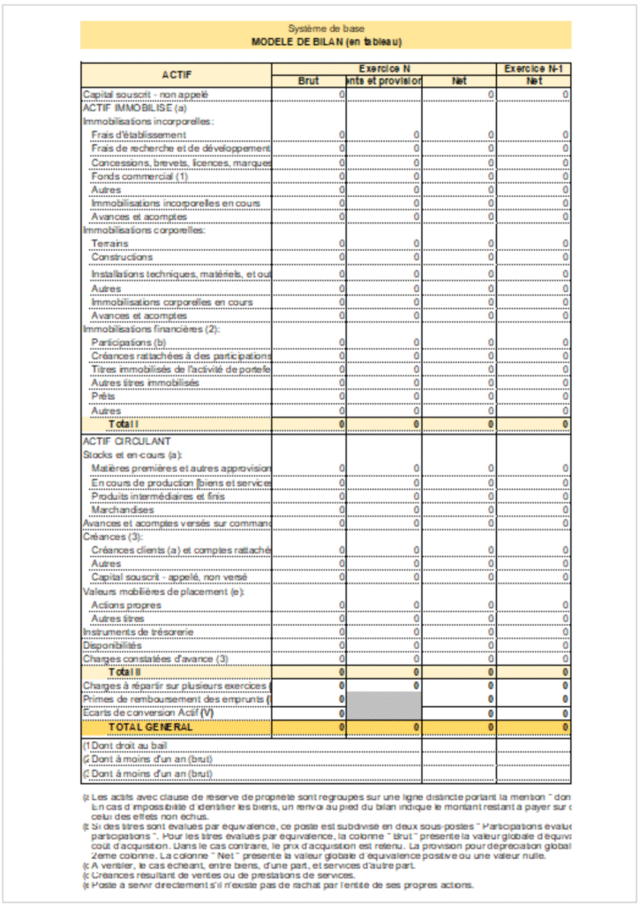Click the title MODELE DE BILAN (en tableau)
(326, 41)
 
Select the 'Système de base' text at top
(326, 28)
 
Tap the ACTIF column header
(177, 75)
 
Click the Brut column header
(309, 81)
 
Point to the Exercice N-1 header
(533, 68)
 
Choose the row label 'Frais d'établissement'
(139, 134)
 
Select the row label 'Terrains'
(110, 244)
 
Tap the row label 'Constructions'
(122, 257)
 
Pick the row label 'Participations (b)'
(129, 342)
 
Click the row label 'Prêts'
(103, 396)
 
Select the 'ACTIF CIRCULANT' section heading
(126, 441)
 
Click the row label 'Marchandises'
(123, 509)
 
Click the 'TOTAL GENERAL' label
(150, 727)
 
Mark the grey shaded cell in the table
(384, 706)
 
